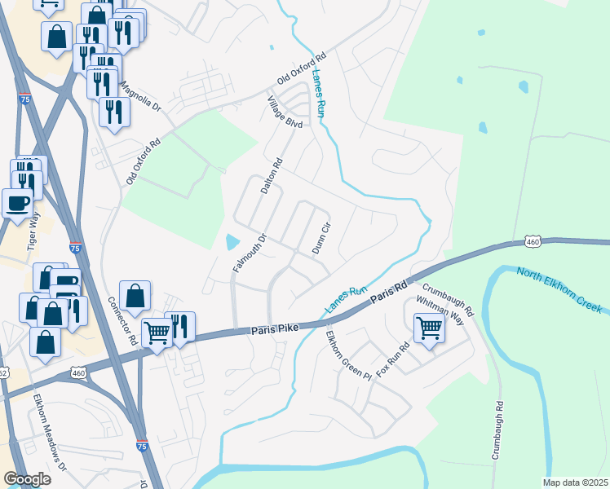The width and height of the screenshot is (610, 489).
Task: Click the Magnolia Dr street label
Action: pyautogui.click(x=141, y=97)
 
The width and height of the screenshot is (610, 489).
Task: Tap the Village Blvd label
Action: pyautogui.click(x=285, y=112)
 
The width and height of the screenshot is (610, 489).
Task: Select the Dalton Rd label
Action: pyautogui.click(x=271, y=175)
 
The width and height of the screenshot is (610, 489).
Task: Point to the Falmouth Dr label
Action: pyautogui.click(x=250, y=253)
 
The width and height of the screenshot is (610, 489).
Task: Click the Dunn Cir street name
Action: pyautogui.click(x=320, y=237)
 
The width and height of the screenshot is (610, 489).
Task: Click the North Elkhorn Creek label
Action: pyautogui.click(x=559, y=289)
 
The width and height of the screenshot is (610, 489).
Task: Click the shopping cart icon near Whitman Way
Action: pyautogui.click(x=429, y=329)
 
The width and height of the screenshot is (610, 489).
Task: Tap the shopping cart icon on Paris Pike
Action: pyautogui.click(x=157, y=332)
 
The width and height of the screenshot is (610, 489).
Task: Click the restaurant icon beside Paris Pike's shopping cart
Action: pyautogui.click(x=179, y=326)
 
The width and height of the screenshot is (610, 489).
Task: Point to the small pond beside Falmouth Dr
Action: pyautogui.click(x=232, y=242)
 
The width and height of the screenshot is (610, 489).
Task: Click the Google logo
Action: pyautogui.click(x=27, y=480)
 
